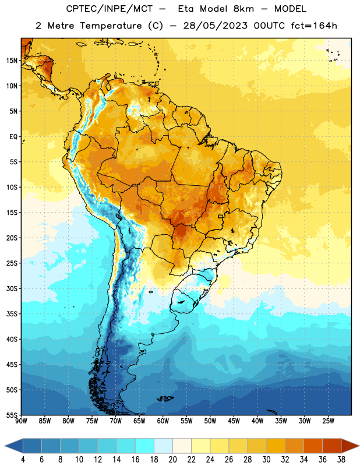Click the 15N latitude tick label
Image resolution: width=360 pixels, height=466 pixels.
pyautogui.click(x=12, y=61)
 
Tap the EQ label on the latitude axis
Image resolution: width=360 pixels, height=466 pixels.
pyautogui.click(x=13, y=137)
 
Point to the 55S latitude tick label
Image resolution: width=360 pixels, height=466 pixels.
pyautogui.click(x=12, y=415)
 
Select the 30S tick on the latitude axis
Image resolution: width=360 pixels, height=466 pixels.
pyautogui.click(x=12, y=288)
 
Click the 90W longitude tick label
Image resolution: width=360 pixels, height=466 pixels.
pyautogui.click(x=21, y=421)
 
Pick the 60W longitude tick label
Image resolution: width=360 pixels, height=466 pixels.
pyautogui.click(x=163, y=421)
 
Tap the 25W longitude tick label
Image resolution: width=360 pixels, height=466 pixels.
pyautogui.click(x=328, y=421)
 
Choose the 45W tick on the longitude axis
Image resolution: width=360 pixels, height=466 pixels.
pyautogui.click(x=234, y=421)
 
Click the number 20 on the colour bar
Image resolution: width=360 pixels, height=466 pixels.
pyautogui.click(x=172, y=460)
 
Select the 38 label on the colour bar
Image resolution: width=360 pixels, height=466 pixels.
pyautogui.click(x=341, y=460)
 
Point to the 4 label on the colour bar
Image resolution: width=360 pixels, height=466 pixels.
pyautogui.click(x=23, y=460)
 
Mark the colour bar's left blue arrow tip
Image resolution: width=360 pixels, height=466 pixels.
pyautogui.click(x=5, y=446)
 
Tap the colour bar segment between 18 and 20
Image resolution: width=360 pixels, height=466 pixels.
pyautogui.click(x=163, y=446)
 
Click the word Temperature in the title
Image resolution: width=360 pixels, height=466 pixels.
pyautogui.click(x=111, y=26)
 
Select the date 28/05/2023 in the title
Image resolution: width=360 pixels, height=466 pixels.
pyautogui.click(x=215, y=26)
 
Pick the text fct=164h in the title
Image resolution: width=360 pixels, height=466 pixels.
pyautogui.click(x=314, y=26)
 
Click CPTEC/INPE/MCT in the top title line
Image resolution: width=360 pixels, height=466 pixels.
pyautogui.click(x=109, y=9)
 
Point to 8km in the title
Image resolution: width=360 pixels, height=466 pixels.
pyautogui.click(x=243, y=9)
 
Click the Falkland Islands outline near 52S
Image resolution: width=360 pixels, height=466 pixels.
pyautogui.click(x=165, y=398)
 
